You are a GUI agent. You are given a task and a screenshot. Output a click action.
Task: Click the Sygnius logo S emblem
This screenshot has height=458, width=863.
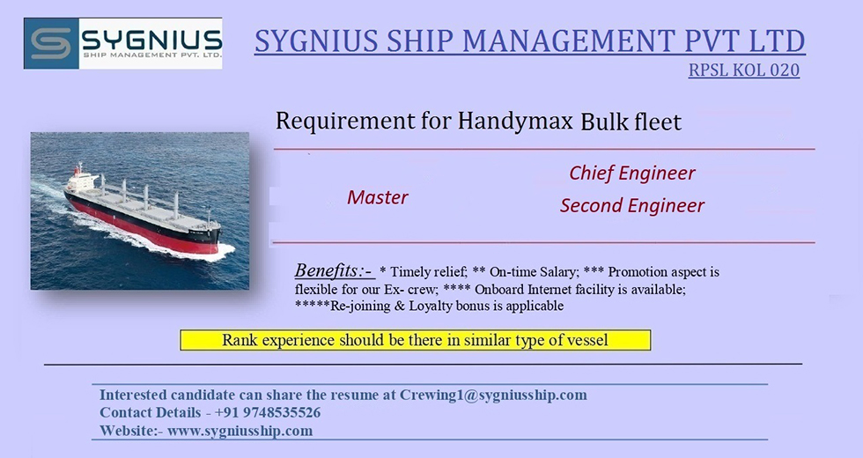51,43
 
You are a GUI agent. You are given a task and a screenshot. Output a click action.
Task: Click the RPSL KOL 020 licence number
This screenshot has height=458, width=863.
743,70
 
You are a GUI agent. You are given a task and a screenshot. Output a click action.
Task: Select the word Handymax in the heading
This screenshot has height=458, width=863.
515,121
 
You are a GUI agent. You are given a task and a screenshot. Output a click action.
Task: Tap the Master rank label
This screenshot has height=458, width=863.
378,197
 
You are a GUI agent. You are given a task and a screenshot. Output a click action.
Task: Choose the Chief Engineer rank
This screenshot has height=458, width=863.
632,173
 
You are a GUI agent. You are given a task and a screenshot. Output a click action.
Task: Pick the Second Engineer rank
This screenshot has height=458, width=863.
632,205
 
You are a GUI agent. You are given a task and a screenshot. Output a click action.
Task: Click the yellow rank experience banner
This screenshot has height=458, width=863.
416,340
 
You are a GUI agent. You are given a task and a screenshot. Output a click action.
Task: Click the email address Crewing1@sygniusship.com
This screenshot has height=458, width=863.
493,395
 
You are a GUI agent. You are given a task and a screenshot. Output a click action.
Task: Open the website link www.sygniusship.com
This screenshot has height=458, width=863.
240,431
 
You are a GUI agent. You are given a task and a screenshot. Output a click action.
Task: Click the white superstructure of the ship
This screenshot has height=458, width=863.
83,179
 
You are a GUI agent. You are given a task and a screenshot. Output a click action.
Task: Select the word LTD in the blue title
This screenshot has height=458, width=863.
775,41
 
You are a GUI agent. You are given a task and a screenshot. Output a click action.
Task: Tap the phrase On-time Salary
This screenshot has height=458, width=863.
534,272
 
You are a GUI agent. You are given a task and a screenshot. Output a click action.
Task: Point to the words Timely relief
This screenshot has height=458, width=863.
429,272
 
